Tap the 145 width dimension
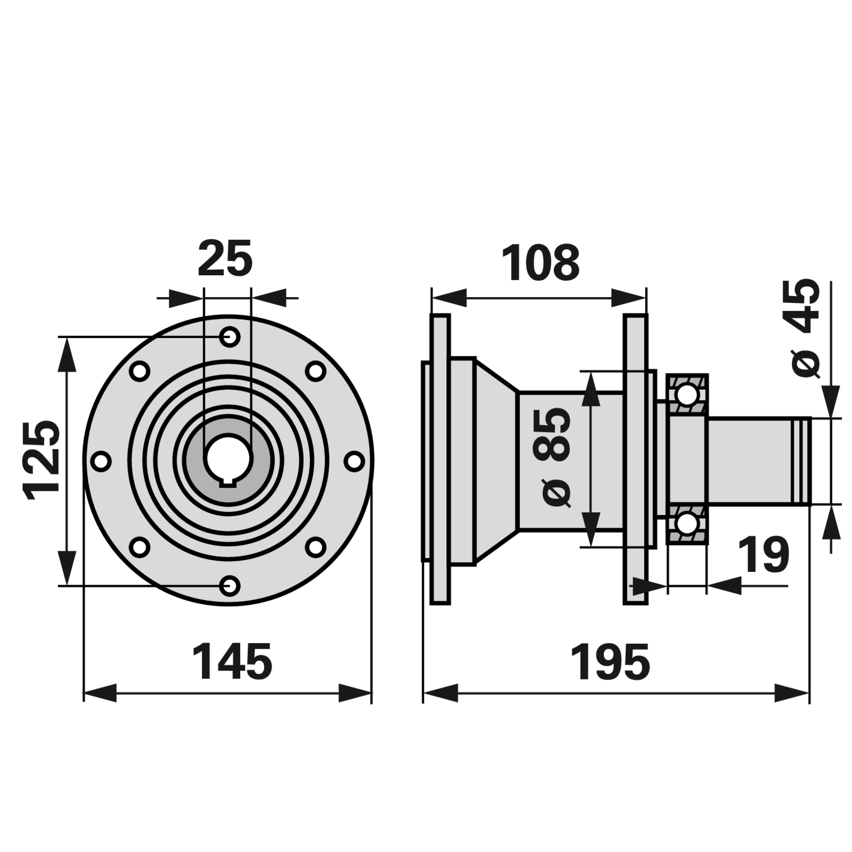[x=232, y=662]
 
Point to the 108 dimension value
[x=540, y=263]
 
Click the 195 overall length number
[x=610, y=662]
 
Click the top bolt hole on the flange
[x=230, y=337]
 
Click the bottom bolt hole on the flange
[x=230, y=586]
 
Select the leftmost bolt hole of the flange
[x=101, y=461]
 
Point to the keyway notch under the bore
[x=228, y=483]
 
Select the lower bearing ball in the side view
[x=686, y=523]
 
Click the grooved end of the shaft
[x=801, y=461]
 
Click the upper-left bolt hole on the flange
[x=140, y=371]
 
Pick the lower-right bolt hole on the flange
[x=316, y=547]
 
